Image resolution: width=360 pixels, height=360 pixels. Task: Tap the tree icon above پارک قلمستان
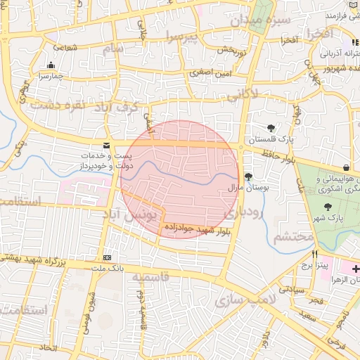pyautogui.click(x=271, y=128)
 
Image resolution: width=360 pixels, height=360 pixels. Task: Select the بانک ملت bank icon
pyautogui.click(x=107, y=258)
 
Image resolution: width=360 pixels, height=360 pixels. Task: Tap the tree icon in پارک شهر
pyautogui.click(x=328, y=206)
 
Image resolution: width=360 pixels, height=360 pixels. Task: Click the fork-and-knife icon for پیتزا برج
pyautogui.click(x=315, y=255)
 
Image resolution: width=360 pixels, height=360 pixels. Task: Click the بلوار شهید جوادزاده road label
pyautogui.click(x=197, y=230)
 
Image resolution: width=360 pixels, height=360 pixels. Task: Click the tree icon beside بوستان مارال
pyautogui.click(x=247, y=176)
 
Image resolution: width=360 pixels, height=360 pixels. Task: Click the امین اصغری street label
pyautogui.click(x=207, y=72)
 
